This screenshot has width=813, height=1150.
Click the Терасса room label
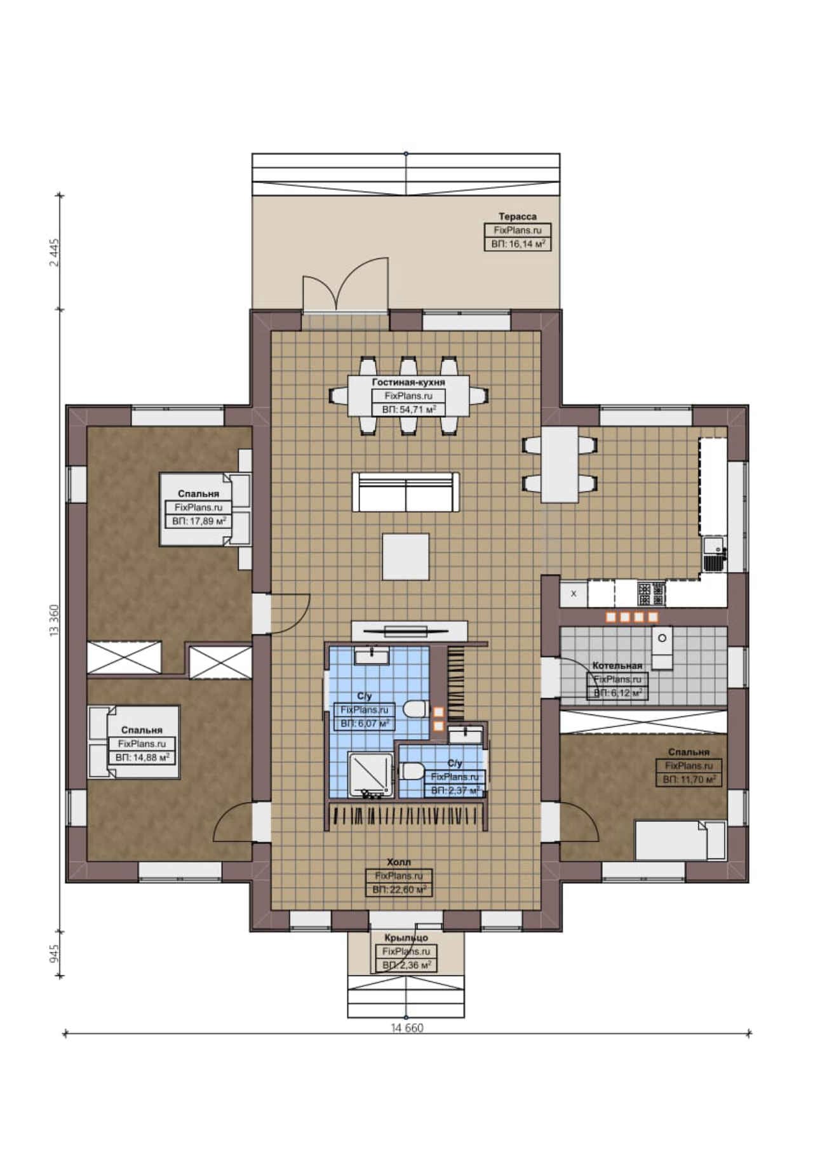[517, 217]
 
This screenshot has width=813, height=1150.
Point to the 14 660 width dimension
[407, 1028]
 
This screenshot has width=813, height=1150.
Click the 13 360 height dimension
[54, 620]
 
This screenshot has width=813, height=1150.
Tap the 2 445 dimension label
[54, 253]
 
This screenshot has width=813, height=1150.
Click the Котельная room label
[617, 665]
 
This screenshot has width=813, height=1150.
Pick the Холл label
[399, 862]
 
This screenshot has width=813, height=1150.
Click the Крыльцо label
[406, 937]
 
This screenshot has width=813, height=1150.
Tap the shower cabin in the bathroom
[371, 774]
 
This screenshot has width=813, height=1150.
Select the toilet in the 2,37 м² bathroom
[412, 771]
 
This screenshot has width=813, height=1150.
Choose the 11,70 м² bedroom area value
[689, 779]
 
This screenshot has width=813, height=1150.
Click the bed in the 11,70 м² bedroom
[680, 840]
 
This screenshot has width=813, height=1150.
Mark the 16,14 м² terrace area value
[518, 244]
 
